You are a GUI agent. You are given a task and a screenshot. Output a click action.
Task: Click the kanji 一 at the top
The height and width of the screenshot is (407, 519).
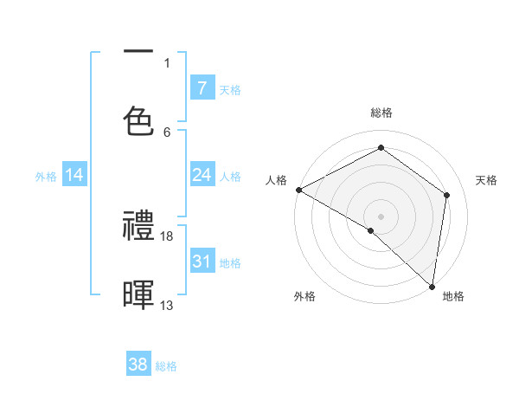[x=139, y=53]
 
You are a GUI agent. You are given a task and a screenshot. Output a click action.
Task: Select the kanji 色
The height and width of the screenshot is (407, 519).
[x=139, y=120]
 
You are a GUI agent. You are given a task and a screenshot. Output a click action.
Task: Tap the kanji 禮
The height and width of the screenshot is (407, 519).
[x=139, y=227]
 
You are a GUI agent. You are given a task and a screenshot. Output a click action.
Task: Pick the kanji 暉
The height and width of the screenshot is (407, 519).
[x=139, y=294]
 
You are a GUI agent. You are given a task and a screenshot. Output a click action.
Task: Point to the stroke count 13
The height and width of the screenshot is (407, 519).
[x=167, y=305]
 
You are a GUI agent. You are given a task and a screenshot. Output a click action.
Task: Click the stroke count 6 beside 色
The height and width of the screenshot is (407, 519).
[x=167, y=132]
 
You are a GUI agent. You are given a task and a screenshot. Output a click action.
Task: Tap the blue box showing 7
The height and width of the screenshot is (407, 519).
[x=202, y=88]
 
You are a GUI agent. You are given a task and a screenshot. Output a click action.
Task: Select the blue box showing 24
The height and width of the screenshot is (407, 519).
[x=202, y=176]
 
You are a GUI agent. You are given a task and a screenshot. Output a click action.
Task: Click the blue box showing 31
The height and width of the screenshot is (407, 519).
[x=202, y=262]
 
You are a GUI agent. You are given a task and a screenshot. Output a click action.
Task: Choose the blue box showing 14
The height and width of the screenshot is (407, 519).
[x=74, y=176]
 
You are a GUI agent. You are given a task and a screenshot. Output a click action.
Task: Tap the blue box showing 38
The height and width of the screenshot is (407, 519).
[x=138, y=365]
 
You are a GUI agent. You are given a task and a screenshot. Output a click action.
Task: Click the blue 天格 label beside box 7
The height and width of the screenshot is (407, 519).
[x=230, y=90]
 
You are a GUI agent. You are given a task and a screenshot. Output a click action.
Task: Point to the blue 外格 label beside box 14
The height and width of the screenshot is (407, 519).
[x=46, y=177]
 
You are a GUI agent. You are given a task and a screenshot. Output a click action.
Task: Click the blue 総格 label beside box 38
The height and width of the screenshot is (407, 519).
[x=166, y=366]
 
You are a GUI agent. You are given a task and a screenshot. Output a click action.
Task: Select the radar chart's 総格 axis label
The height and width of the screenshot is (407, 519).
[x=381, y=113]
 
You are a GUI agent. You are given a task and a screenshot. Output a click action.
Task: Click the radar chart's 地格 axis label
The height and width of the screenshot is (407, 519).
[x=453, y=296]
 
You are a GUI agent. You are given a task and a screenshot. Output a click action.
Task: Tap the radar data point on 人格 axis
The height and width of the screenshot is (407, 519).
[x=298, y=190]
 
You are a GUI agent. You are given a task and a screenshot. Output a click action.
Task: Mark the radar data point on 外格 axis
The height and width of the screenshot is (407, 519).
[x=371, y=230]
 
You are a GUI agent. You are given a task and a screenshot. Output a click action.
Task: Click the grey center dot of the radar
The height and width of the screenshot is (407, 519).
[x=381, y=216]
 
